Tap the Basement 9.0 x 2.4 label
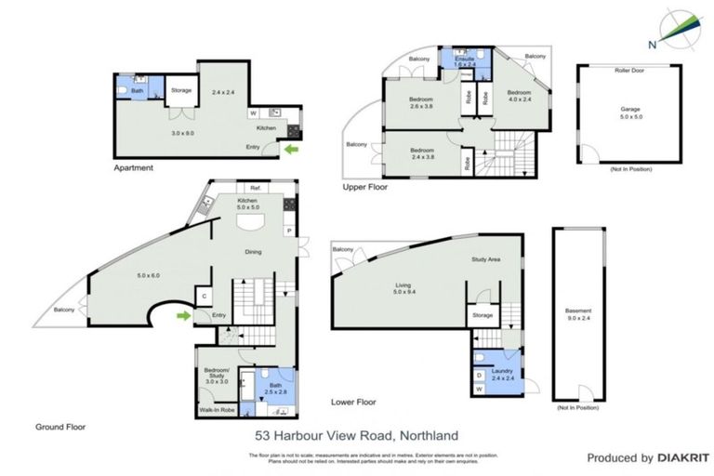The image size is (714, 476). pyautogui.click(x=576, y=317)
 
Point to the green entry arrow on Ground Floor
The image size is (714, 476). pyautogui.click(x=186, y=316)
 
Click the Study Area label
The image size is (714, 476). pyautogui.click(x=486, y=259)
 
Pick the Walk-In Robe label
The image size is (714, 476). pyautogui.click(x=215, y=409)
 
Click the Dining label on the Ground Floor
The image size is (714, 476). pyautogui.click(x=253, y=252)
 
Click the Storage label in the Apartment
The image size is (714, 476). pyautogui.click(x=180, y=90)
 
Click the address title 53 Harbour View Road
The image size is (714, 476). pyautogui.click(x=357, y=434)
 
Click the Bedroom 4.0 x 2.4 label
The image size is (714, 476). pyautogui.click(x=518, y=97)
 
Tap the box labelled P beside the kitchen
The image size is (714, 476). pyautogui.click(x=289, y=230)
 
